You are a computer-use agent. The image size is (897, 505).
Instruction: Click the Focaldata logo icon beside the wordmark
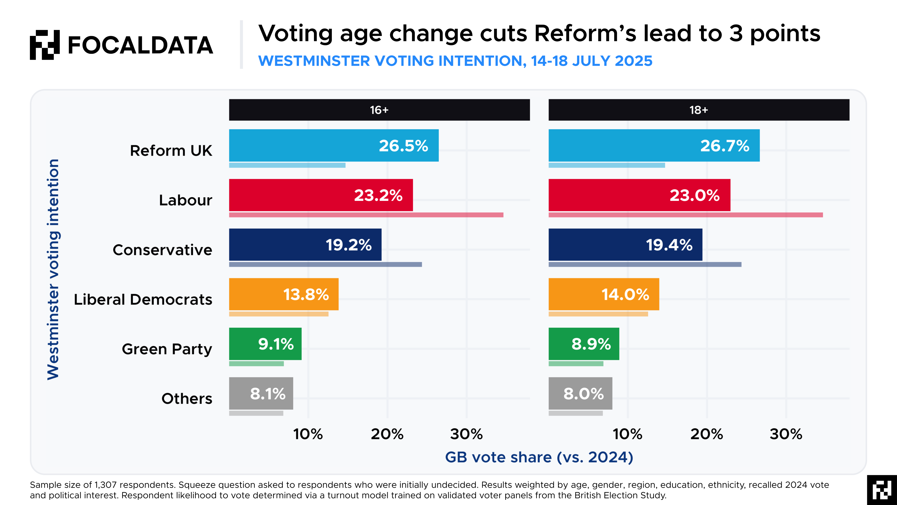pyautogui.click(x=45, y=45)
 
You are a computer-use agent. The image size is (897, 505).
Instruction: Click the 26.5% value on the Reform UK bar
pyautogui.click(x=403, y=146)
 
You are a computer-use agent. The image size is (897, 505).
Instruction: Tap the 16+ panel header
pyautogui.click(x=379, y=110)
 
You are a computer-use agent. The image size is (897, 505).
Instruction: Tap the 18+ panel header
pyautogui.click(x=699, y=110)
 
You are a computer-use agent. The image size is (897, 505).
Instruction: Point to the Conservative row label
pyautogui.click(x=162, y=250)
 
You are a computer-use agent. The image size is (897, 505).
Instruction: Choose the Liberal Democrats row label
pyautogui.click(x=143, y=299)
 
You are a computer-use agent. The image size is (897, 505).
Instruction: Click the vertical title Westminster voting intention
pyautogui.click(x=53, y=269)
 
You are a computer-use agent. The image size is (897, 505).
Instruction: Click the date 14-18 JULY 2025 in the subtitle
pyautogui.click(x=591, y=61)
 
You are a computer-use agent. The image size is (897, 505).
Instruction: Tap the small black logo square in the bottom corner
pyautogui.click(x=882, y=490)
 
